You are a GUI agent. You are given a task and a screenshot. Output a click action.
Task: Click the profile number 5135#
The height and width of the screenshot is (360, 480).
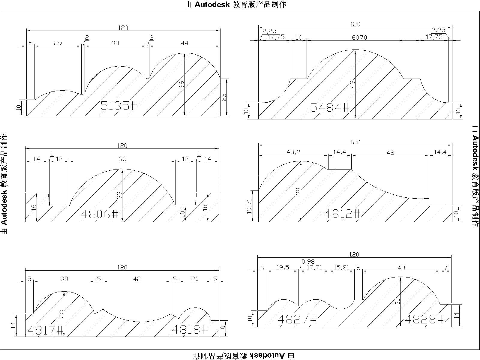[x=119, y=106]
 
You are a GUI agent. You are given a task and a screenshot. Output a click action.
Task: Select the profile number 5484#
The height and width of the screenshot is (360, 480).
[x=329, y=107]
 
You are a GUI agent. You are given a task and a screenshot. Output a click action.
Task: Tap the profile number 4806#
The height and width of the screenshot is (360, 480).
[x=100, y=214]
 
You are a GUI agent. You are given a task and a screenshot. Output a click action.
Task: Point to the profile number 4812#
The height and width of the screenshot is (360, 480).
[x=342, y=213]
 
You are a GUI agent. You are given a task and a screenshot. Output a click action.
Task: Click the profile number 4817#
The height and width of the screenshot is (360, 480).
[x=45, y=330]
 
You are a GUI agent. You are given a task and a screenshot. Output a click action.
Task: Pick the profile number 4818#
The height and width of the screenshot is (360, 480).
[x=190, y=329]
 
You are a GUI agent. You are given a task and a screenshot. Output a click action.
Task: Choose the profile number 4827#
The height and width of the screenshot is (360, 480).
[x=297, y=319]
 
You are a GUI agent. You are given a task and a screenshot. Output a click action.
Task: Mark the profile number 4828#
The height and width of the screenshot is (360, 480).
[x=424, y=319]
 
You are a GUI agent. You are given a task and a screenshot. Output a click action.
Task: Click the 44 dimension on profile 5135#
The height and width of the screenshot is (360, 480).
[x=184, y=43]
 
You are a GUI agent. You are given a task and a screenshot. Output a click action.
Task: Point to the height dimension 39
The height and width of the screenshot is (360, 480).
[x=181, y=84]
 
